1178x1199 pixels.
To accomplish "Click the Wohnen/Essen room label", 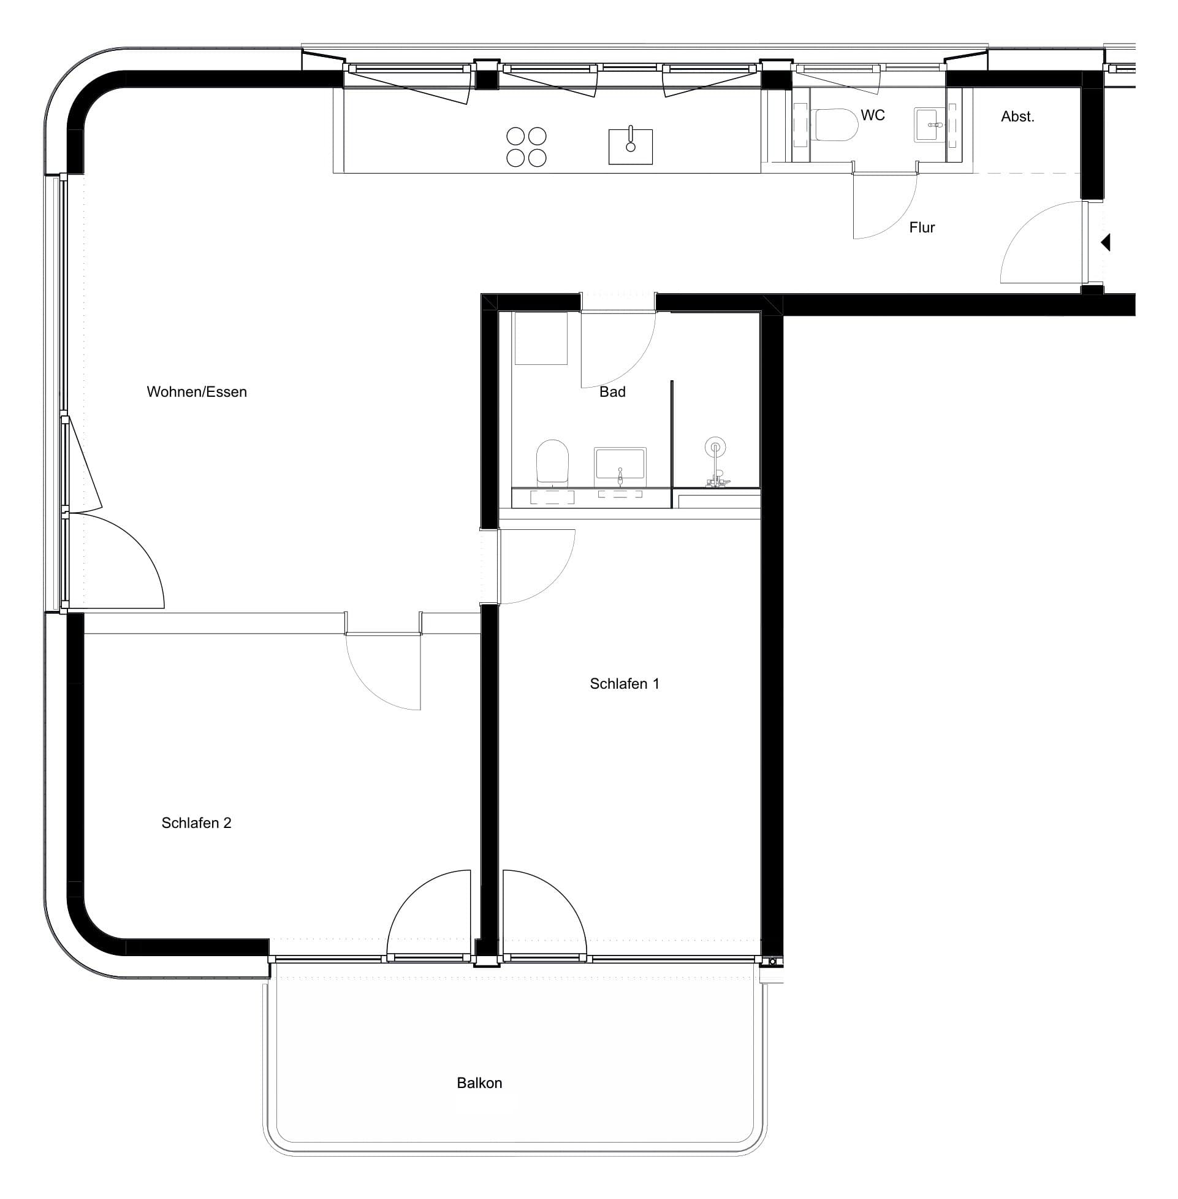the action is coord(197,392).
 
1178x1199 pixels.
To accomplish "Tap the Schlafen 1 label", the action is coord(625,683).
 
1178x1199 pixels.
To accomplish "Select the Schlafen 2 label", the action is coord(196,822).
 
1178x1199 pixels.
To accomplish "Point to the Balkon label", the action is coord(479,1082).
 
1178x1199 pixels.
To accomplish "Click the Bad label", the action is coord(612,392).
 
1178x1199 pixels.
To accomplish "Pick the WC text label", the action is coord(872,115).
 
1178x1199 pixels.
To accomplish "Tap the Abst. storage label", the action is coord(1018,117).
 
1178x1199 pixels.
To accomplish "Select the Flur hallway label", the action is coord(922,228).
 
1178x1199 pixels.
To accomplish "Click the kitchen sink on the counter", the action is coord(631,146).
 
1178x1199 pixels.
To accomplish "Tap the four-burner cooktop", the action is coord(526,147).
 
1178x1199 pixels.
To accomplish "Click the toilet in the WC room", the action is coord(836,125).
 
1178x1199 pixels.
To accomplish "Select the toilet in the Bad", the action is coord(552,462).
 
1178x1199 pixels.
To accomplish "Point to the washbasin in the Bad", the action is coord(620,467).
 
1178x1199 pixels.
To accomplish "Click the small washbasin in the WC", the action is coord(930,125).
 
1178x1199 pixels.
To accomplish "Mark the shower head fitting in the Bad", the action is coord(716,464).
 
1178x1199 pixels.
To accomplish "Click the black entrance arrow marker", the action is coord(1106,242).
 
